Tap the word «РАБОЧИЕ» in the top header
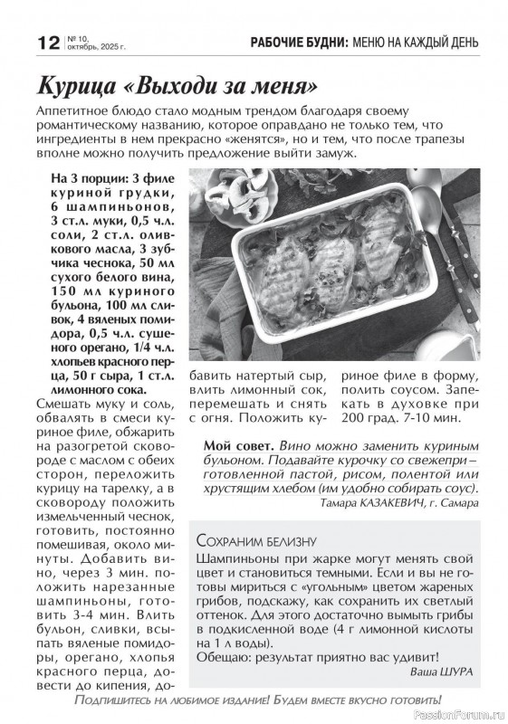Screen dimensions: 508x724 tap(283, 43)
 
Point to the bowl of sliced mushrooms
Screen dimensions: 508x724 tap(231, 189)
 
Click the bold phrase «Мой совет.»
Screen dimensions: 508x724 tap(239, 446)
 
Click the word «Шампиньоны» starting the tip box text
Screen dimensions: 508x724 tap(240, 561)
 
